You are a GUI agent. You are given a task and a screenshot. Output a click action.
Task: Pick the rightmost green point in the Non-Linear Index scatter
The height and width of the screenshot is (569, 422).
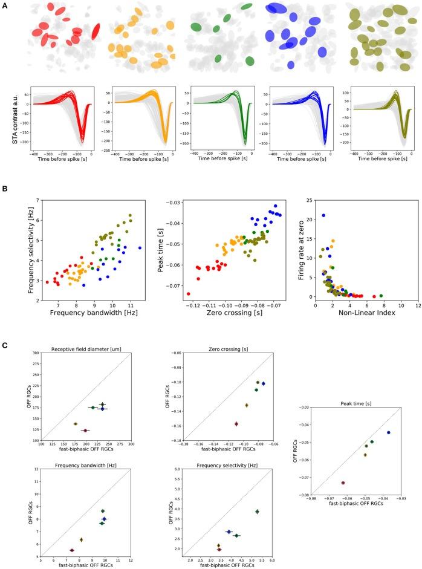381,296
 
